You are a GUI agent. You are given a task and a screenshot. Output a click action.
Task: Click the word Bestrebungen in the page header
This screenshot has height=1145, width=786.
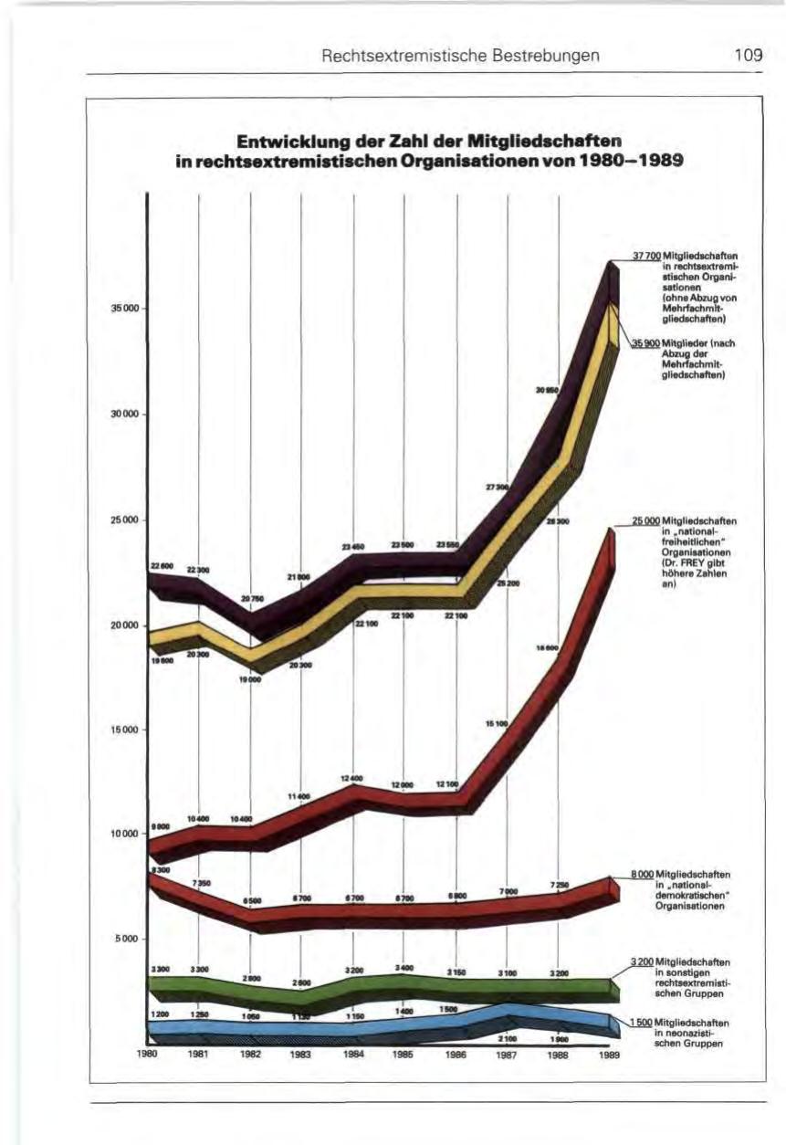[x=547, y=56]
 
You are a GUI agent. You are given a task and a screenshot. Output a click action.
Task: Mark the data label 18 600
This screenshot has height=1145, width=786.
[x=546, y=647]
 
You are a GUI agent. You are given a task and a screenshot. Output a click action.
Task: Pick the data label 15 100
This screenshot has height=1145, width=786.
[x=496, y=722]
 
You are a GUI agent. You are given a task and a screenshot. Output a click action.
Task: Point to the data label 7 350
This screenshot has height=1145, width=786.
[x=200, y=883]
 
